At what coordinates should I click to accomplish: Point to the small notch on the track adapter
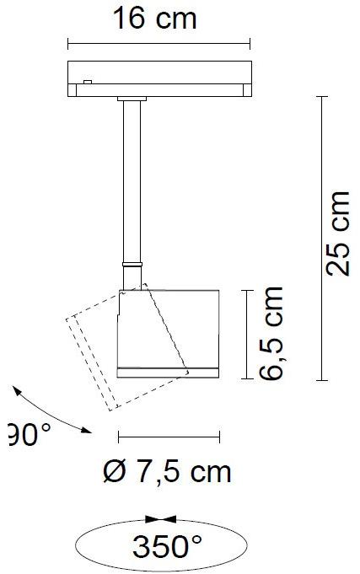click(88, 82)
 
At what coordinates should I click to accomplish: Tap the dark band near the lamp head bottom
click(169, 370)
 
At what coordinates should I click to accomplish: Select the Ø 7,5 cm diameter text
click(167, 471)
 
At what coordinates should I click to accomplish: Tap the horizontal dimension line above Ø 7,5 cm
click(169, 437)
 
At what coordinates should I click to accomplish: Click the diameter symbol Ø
click(113, 471)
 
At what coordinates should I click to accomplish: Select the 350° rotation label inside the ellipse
click(167, 547)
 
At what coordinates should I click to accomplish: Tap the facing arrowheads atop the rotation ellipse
click(160, 519)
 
